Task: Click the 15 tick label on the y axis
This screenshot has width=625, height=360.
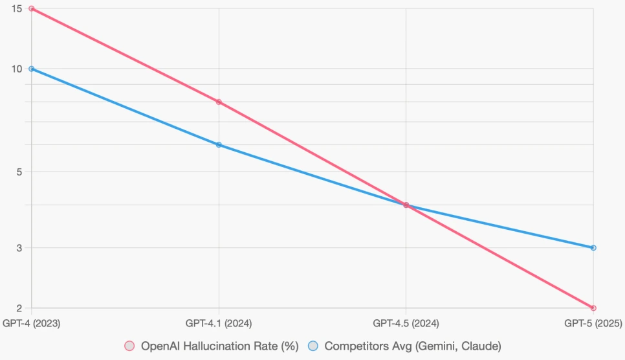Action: point(16,8)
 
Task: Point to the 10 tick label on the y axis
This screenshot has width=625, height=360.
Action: point(16,69)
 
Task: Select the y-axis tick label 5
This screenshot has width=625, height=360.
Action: point(19,172)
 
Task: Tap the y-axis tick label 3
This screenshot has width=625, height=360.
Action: point(19,248)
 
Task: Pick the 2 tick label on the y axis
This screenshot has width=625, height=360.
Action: point(19,308)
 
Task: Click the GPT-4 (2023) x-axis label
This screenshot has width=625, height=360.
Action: point(32,322)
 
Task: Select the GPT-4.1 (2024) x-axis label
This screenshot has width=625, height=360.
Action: point(219,322)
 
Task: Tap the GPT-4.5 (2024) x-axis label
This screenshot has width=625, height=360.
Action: point(406,322)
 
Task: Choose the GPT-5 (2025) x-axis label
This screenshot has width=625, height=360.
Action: point(593,322)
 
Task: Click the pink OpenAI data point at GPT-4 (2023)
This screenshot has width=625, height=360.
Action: point(32,8)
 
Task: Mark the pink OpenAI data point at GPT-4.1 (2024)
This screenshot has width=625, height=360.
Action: point(219,102)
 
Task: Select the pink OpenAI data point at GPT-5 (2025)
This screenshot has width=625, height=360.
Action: point(593,308)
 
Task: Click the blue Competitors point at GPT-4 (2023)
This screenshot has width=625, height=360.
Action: point(32,69)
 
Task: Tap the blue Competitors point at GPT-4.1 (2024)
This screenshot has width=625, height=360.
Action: point(219,144)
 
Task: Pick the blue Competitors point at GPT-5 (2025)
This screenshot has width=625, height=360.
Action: point(593,248)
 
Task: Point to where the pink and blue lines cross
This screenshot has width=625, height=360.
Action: point(406,205)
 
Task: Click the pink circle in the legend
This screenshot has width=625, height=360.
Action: point(129,346)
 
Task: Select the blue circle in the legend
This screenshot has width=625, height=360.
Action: point(313,346)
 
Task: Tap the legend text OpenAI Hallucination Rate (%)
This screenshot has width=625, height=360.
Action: point(219,346)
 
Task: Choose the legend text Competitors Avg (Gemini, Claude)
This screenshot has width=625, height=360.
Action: point(413,346)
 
